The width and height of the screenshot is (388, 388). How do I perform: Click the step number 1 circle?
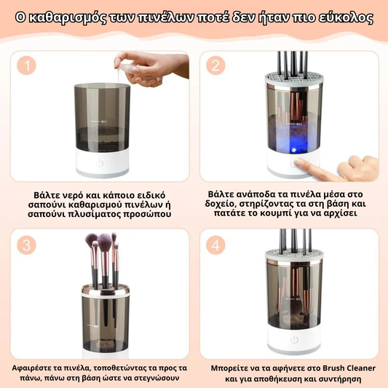(x=26, y=66)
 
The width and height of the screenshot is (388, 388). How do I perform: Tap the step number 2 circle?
(x=215, y=66)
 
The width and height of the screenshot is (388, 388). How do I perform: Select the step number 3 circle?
(x=26, y=245)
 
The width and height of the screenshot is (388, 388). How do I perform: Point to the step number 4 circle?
(x=215, y=245)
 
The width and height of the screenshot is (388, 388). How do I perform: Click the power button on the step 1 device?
(x=100, y=163)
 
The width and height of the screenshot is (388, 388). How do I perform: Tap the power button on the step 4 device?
(x=294, y=340)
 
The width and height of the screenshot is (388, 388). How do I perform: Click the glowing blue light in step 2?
(x=293, y=149)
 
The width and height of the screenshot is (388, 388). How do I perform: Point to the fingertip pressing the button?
(x=298, y=162)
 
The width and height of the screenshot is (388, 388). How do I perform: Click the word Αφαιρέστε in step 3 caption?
(x=31, y=368)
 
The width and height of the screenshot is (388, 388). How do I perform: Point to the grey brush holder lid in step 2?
(x=294, y=79)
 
